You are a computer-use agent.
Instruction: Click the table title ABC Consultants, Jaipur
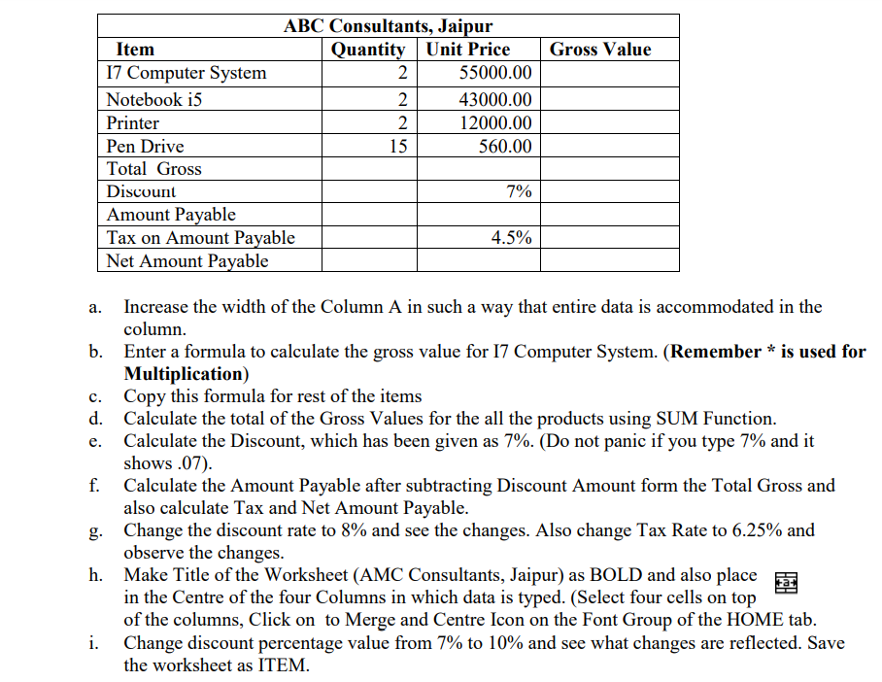[388, 25]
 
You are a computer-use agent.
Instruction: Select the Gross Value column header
[599, 50]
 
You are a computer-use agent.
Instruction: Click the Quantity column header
[368, 50]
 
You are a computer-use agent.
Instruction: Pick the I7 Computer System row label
[186, 74]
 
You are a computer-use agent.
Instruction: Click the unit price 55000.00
[495, 74]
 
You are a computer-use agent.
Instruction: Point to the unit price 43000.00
[495, 99]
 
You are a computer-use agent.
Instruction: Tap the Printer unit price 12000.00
[495, 123]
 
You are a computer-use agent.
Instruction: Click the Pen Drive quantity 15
[397, 147]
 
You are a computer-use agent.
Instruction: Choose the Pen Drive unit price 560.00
[506, 147]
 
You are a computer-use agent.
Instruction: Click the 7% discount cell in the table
[519, 191]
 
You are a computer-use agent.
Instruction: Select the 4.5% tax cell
[512, 238]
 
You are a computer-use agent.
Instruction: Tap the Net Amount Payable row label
[187, 261]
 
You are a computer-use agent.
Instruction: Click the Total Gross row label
[153, 169]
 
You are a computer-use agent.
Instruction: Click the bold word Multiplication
[182, 374]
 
